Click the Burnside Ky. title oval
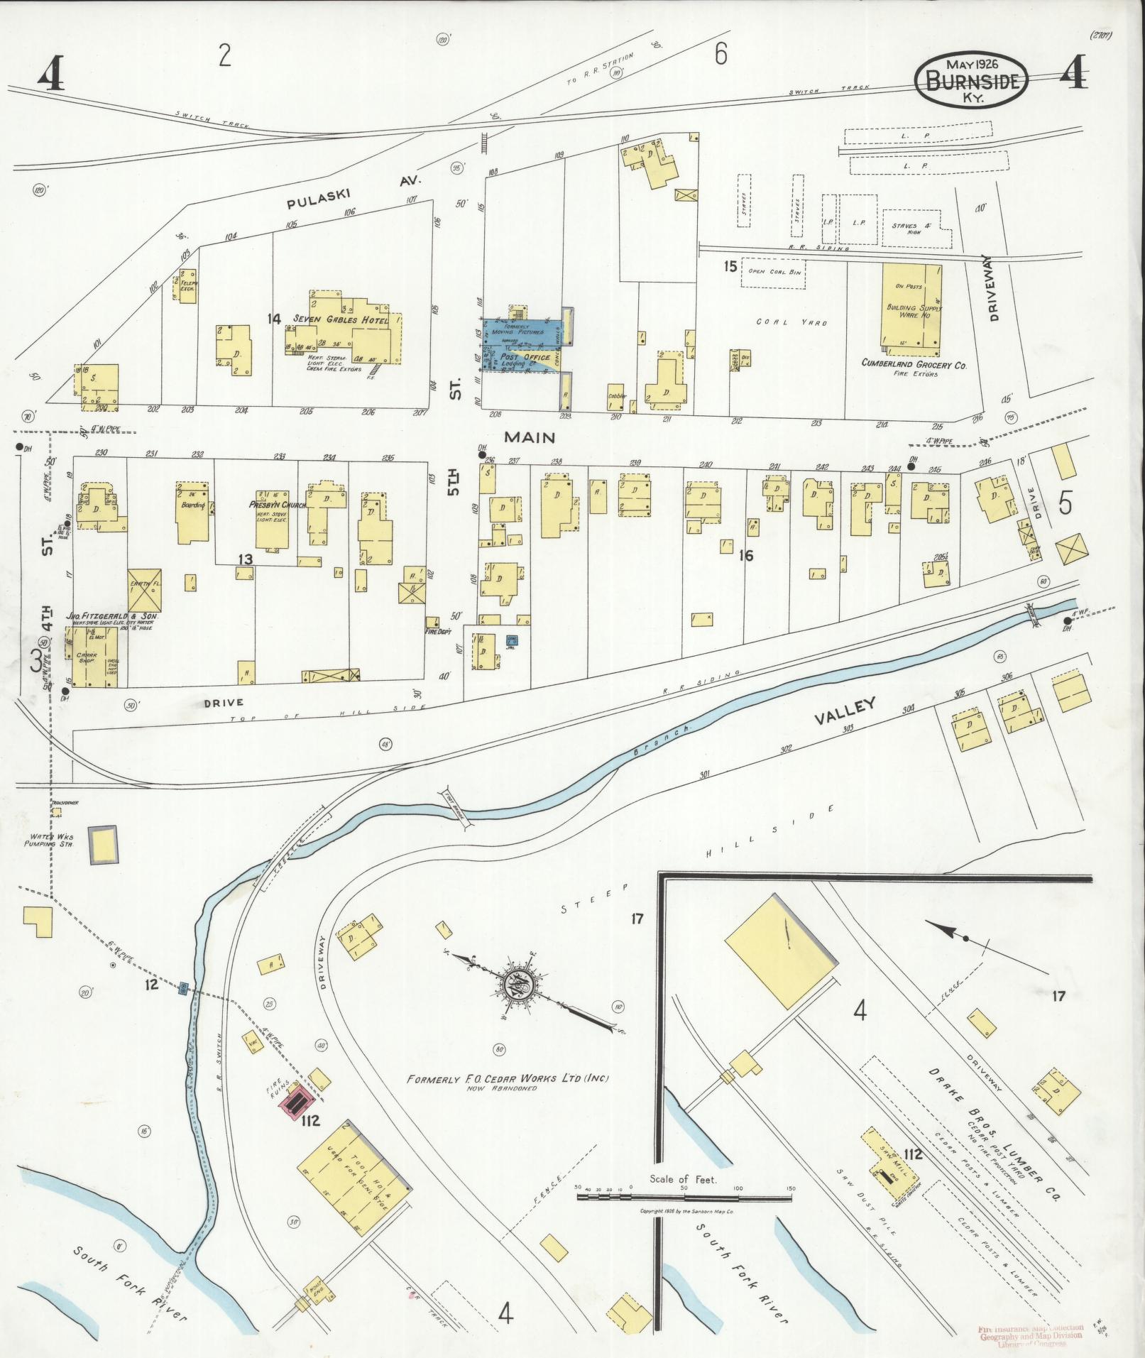click(971, 80)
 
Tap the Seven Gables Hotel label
click(341, 320)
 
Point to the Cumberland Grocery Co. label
click(914, 363)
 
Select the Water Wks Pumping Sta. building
click(103, 844)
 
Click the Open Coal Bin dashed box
click(774, 273)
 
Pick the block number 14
click(274, 319)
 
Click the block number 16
click(745, 555)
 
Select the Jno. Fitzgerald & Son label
click(112, 617)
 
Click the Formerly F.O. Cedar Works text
click(508, 1099)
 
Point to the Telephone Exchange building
click(187, 285)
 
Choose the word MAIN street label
click(530, 437)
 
